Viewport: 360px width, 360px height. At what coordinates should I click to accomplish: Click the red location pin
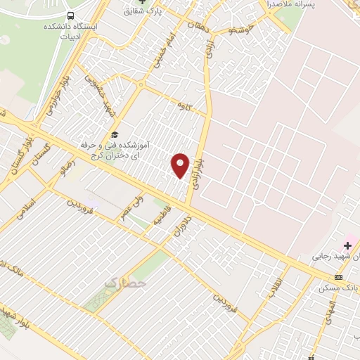pos(181,165)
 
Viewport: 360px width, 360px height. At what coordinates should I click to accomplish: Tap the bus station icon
pos(70,15)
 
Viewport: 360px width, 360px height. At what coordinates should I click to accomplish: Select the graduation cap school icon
pos(115,135)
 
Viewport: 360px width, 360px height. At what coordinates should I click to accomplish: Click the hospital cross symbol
pos(347,245)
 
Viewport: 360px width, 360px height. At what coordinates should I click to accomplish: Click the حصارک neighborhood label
pos(126,283)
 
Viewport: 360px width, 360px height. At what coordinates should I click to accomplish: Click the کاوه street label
pos(186,105)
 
